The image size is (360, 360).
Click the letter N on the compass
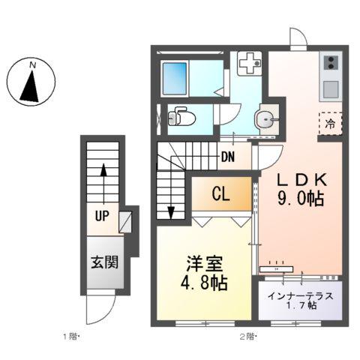[x=32, y=66]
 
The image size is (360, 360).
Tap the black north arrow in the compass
[x=31, y=87]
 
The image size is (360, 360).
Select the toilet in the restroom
[x=179, y=118]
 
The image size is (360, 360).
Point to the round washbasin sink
[x=264, y=118]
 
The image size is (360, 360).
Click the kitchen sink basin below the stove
[x=331, y=88]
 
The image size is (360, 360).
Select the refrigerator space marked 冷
[x=331, y=124]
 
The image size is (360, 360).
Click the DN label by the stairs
[x=229, y=157]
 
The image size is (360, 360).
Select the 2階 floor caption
[x=247, y=336]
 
